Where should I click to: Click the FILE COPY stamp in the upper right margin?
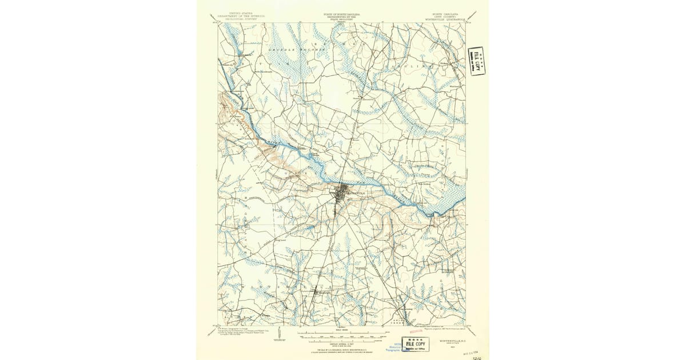(x=476, y=61)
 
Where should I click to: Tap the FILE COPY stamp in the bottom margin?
(x=417, y=343)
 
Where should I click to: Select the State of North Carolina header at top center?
(x=342, y=15)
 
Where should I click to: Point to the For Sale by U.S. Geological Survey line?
(x=342, y=348)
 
